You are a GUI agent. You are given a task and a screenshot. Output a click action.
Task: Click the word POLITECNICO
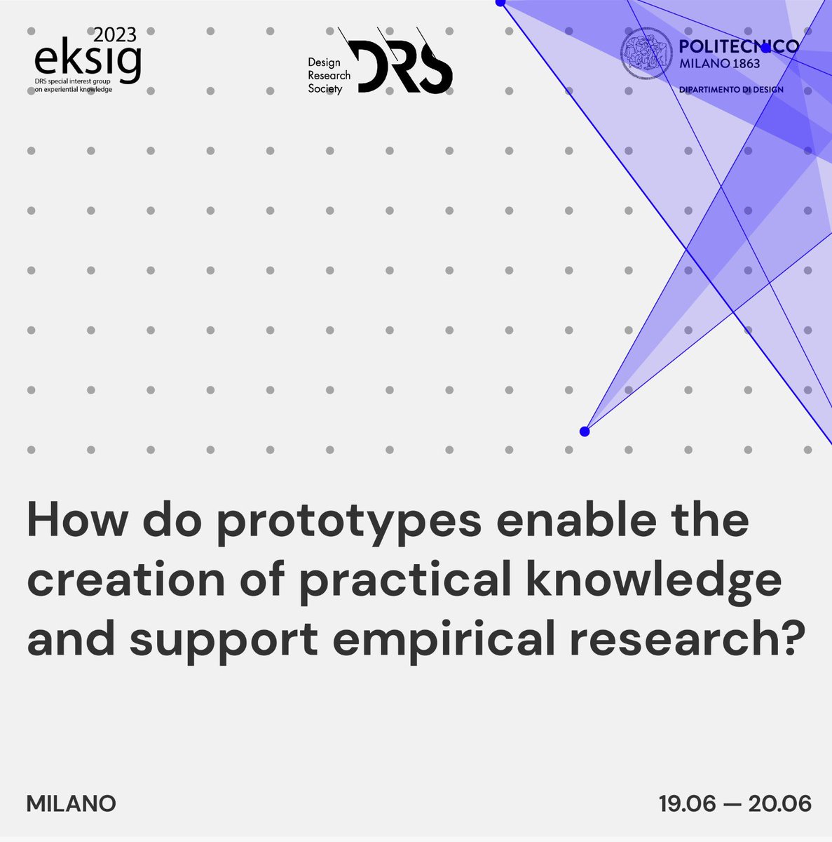coord(739,46)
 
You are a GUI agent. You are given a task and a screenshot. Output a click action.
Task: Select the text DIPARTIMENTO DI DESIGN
coord(731,90)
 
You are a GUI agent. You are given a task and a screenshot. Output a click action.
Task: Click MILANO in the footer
coord(71,803)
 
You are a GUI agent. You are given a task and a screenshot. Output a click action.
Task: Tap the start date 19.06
coord(688,803)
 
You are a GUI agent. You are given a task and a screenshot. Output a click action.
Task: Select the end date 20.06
coord(779,803)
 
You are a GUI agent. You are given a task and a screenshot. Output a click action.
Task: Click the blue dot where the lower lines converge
coord(585,432)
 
